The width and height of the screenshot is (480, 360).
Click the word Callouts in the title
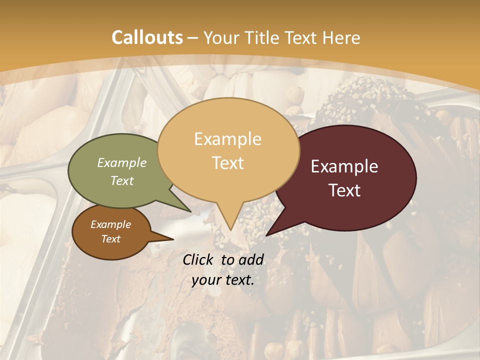click(147, 37)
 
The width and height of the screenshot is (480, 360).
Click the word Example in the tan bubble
click(227, 138)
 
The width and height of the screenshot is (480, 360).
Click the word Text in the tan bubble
click(227, 163)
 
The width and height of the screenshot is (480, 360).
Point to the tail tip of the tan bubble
click(230, 229)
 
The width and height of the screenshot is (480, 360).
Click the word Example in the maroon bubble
click(344, 166)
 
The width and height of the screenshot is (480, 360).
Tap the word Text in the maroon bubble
click(344, 190)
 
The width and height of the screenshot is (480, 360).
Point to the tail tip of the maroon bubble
click(267, 234)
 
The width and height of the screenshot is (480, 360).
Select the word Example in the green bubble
click(122, 162)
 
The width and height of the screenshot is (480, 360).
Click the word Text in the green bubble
click(122, 180)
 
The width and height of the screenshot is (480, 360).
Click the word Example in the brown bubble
click(110, 224)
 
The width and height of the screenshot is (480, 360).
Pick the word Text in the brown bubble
click(110, 239)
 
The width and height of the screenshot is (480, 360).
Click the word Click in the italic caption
click(199, 259)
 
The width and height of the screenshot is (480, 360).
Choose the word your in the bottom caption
click(205, 280)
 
